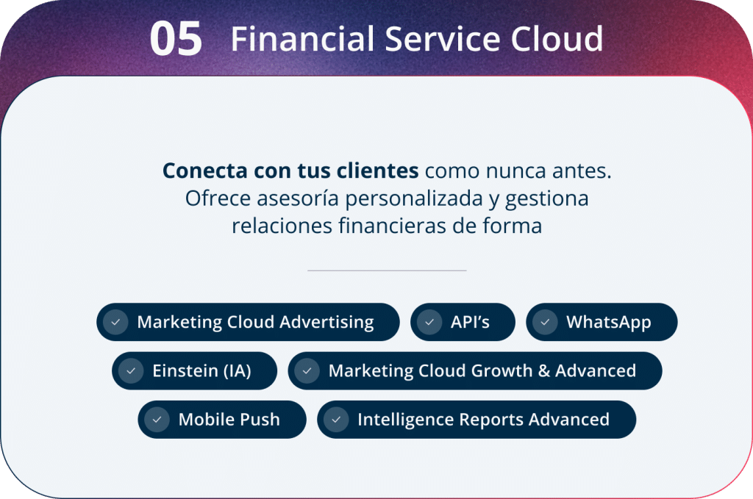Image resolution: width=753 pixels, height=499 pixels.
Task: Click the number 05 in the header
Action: coord(176,39)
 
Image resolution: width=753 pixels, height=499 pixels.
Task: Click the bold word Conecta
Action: coord(204,170)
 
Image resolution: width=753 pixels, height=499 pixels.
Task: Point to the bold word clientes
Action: coord(377,170)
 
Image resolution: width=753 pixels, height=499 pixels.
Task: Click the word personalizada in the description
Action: coord(414,198)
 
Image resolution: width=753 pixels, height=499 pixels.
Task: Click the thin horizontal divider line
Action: coord(387,270)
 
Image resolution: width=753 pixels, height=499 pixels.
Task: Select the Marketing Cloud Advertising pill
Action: coord(248,322)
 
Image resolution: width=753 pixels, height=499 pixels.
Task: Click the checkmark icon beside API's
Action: coord(429,322)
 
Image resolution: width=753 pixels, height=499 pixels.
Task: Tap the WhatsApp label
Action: coord(608,323)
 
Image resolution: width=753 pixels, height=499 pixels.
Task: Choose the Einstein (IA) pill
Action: coord(194,371)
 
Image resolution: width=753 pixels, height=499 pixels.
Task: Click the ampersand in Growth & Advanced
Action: coord(543,371)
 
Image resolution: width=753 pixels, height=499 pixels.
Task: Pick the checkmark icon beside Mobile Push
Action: coord(157,420)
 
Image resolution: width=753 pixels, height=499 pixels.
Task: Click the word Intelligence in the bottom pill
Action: coord(405,420)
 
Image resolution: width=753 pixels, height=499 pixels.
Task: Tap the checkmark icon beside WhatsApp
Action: coord(545,322)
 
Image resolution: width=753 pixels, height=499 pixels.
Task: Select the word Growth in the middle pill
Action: coord(502,371)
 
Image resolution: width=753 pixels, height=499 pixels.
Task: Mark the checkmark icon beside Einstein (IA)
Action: coord(131,371)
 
